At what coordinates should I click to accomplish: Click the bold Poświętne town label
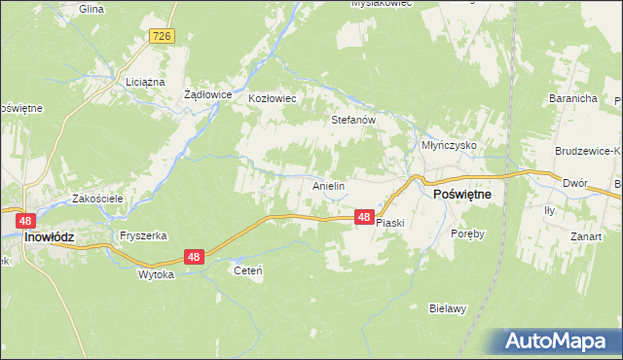(460, 195)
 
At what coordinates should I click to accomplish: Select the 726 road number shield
(163, 36)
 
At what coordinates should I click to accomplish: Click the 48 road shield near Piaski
(363, 218)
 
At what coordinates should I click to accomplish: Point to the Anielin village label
(329, 185)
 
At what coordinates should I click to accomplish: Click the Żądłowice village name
(207, 95)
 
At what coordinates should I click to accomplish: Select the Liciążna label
(145, 83)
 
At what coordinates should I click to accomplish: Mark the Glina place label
(91, 8)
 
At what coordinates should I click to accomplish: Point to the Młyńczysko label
(448, 144)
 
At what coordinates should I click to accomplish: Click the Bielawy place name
(448, 308)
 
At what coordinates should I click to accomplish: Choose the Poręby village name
(467, 234)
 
